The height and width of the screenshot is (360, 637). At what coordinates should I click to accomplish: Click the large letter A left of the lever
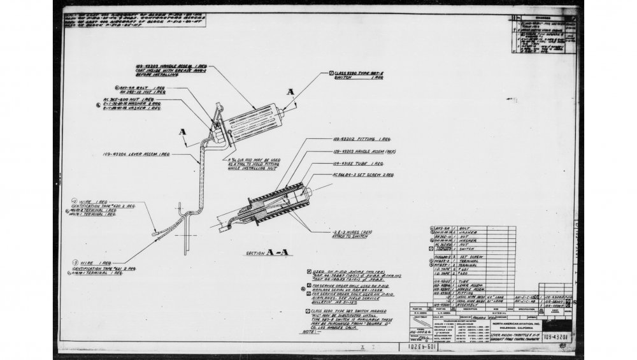point(182,132)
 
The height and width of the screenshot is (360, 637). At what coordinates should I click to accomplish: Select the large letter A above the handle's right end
point(291,92)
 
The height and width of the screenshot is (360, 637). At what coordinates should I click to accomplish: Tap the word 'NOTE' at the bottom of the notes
point(311,332)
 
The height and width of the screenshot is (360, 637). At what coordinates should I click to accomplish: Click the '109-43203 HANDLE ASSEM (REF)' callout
point(363,152)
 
